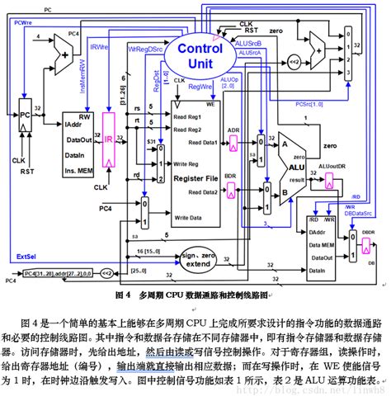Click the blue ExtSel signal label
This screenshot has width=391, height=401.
pyautogui.click(x=26, y=257)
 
